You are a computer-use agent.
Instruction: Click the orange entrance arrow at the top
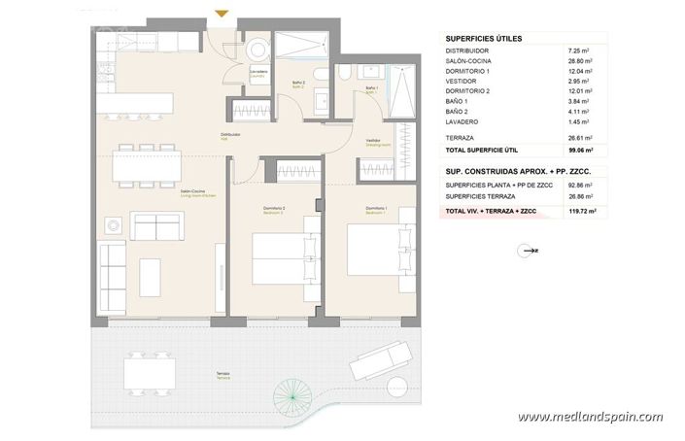(x=223, y=13)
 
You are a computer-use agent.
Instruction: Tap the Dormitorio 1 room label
(x=377, y=208)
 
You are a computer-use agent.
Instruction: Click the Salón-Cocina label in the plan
(x=190, y=192)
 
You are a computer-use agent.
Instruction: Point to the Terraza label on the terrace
(x=223, y=374)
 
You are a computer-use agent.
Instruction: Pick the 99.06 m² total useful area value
(x=580, y=151)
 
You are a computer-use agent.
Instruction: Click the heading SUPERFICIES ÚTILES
(x=483, y=38)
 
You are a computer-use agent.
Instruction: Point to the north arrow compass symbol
(x=530, y=250)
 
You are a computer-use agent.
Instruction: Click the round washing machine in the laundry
(x=257, y=50)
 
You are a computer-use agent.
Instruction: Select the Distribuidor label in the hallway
(x=230, y=134)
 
